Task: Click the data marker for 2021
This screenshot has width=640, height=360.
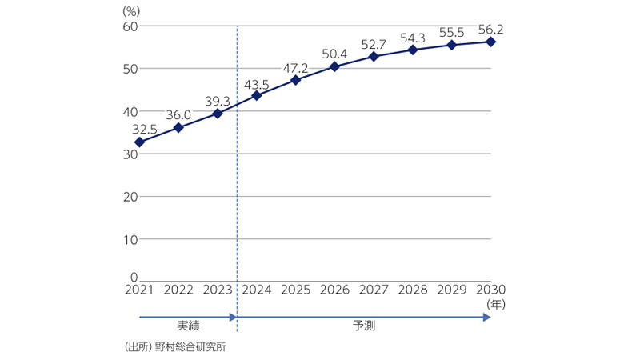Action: tap(139, 142)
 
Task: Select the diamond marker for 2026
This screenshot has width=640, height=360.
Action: tap(334, 66)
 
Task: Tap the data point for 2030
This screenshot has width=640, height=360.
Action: tap(490, 42)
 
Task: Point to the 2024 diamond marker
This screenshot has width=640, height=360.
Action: tap(257, 96)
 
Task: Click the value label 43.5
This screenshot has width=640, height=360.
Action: tap(257, 84)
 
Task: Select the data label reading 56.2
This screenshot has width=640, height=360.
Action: tap(490, 30)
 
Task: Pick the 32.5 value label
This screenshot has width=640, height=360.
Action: tap(141, 128)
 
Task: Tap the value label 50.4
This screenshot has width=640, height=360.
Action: tap(334, 54)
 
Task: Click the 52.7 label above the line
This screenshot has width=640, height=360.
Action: tap(374, 43)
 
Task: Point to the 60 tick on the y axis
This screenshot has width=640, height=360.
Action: tap(130, 26)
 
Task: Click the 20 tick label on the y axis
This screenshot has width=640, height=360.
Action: tap(130, 197)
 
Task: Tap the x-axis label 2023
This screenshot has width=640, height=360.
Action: tap(218, 290)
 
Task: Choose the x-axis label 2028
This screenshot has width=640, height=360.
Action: tap(413, 290)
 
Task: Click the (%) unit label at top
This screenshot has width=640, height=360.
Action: tap(132, 11)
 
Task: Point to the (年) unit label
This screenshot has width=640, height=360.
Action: tap(496, 304)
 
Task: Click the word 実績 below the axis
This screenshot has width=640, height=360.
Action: tap(188, 326)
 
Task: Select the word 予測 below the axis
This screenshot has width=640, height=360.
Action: tap(364, 326)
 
